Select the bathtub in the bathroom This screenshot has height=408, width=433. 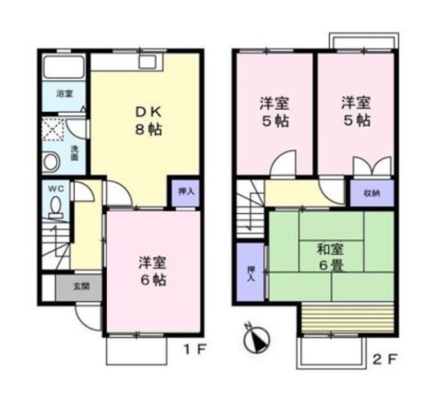click(x=64, y=68)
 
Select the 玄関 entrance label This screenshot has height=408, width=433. click(x=81, y=285)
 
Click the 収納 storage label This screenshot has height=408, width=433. click(x=371, y=192)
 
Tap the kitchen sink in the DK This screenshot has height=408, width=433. click(x=147, y=63)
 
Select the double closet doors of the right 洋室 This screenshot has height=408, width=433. click(x=371, y=167)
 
